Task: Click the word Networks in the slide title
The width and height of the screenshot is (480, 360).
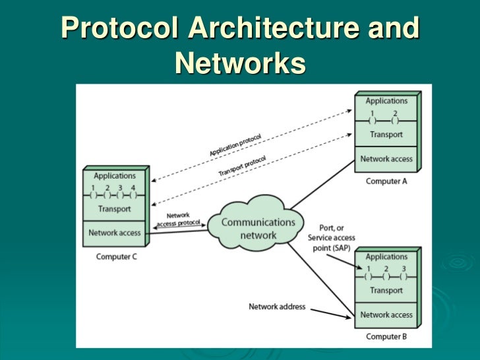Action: (x=240, y=63)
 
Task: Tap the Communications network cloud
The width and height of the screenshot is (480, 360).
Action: (x=258, y=228)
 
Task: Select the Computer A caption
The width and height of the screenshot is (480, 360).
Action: (x=386, y=181)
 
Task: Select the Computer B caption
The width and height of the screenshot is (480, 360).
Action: (x=386, y=337)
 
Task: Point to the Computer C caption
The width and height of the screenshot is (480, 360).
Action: (x=116, y=256)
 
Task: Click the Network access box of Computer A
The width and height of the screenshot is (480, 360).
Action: (x=386, y=159)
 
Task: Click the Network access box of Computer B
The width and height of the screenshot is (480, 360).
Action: (x=386, y=315)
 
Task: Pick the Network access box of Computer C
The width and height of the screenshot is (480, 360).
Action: (x=114, y=233)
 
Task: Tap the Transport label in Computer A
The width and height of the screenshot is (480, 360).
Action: (x=386, y=135)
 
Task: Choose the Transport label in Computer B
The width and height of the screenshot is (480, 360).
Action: (x=386, y=290)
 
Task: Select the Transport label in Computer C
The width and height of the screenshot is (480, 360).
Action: (x=114, y=209)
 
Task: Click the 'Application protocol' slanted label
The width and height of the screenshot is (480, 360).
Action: (x=235, y=145)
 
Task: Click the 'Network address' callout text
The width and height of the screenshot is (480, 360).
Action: (x=276, y=307)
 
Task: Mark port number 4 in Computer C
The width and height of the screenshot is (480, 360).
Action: (x=133, y=188)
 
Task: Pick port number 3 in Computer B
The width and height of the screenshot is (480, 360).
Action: (x=403, y=268)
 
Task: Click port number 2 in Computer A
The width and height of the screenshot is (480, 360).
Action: (x=395, y=113)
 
